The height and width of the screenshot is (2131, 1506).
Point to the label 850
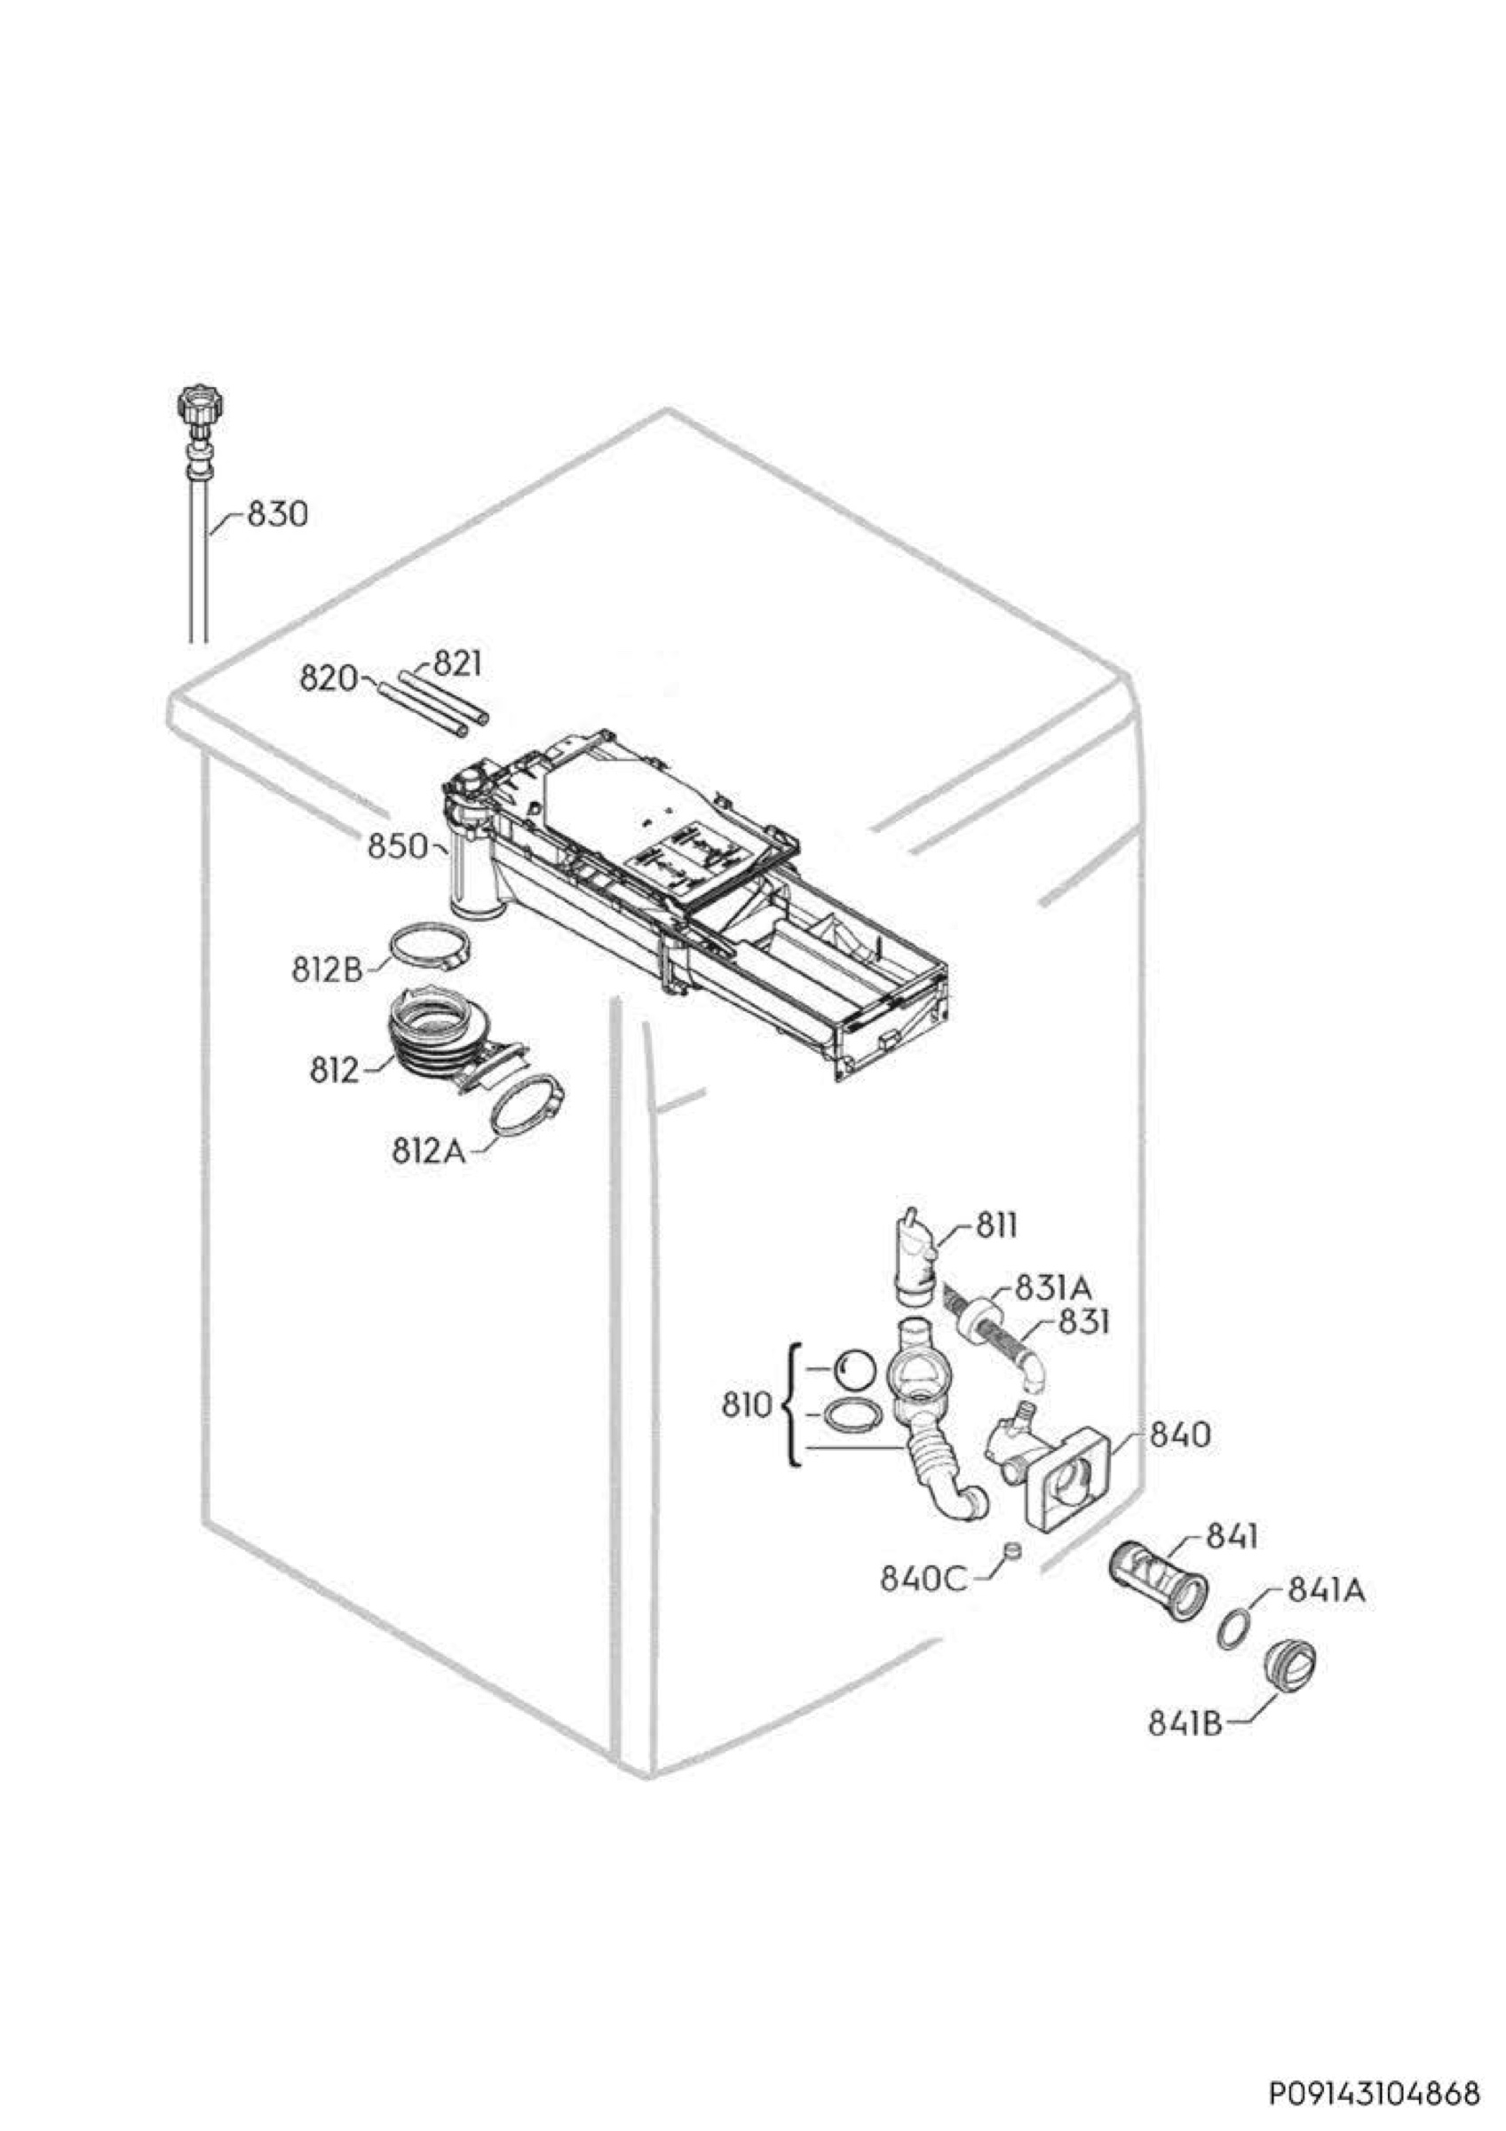(397, 846)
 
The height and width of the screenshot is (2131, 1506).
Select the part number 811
(996, 1227)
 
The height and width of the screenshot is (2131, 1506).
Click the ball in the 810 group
(854, 1368)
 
